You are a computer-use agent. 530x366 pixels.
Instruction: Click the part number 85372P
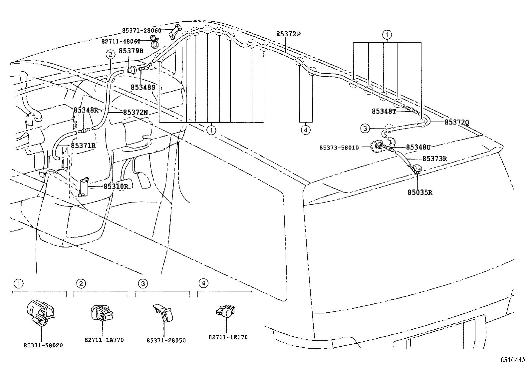(288, 34)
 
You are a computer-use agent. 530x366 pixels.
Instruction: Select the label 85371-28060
(141, 31)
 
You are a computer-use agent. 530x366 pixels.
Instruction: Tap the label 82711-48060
(121, 41)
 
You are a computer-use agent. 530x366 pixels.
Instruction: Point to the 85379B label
(131, 51)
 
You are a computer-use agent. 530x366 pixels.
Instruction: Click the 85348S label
(143, 87)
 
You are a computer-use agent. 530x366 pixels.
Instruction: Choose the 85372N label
(135, 113)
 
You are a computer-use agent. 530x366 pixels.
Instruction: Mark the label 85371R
(83, 146)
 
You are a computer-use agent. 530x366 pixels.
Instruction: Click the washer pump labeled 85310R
(84, 187)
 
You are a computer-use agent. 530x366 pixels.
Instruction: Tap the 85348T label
(384, 112)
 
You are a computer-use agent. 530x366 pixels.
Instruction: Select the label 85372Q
(457, 122)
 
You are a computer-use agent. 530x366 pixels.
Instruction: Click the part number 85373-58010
(339, 148)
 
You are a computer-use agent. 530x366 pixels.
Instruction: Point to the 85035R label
(420, 192)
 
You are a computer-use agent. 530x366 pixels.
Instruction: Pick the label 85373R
(434, 159)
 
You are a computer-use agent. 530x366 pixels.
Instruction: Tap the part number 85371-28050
(166, 340)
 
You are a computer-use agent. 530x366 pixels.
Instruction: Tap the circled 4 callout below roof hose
(306, 130)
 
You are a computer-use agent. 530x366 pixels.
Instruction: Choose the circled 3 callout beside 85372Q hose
(365, 128)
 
